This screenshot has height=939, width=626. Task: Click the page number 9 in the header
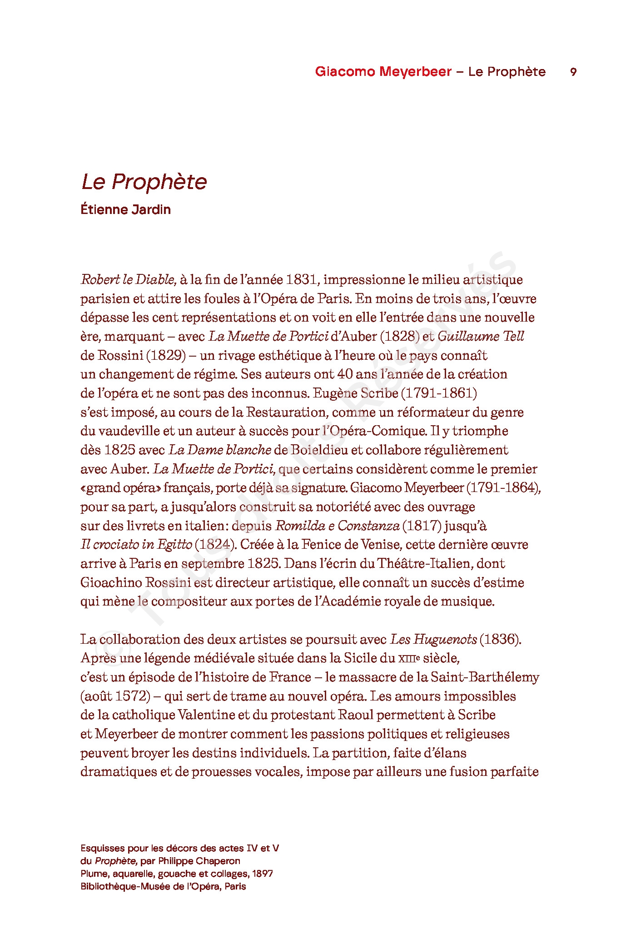click(x=573, y=72)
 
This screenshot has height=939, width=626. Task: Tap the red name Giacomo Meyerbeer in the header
click(x=383, y=72)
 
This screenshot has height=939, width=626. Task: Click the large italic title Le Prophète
click(x=144, y=182)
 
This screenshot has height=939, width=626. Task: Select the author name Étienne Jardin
click(x=126, y=209)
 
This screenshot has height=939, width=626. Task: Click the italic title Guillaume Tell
click(x=481, y=336)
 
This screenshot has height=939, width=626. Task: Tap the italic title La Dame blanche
click(x=220, y=450)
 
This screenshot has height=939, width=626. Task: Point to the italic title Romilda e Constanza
click(x=338, y=526)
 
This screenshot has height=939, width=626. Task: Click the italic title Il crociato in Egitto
click(x=136, y=544)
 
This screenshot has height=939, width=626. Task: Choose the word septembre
click(x=213, y=563)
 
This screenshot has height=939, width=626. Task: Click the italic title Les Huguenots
click(x=434, y=639)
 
